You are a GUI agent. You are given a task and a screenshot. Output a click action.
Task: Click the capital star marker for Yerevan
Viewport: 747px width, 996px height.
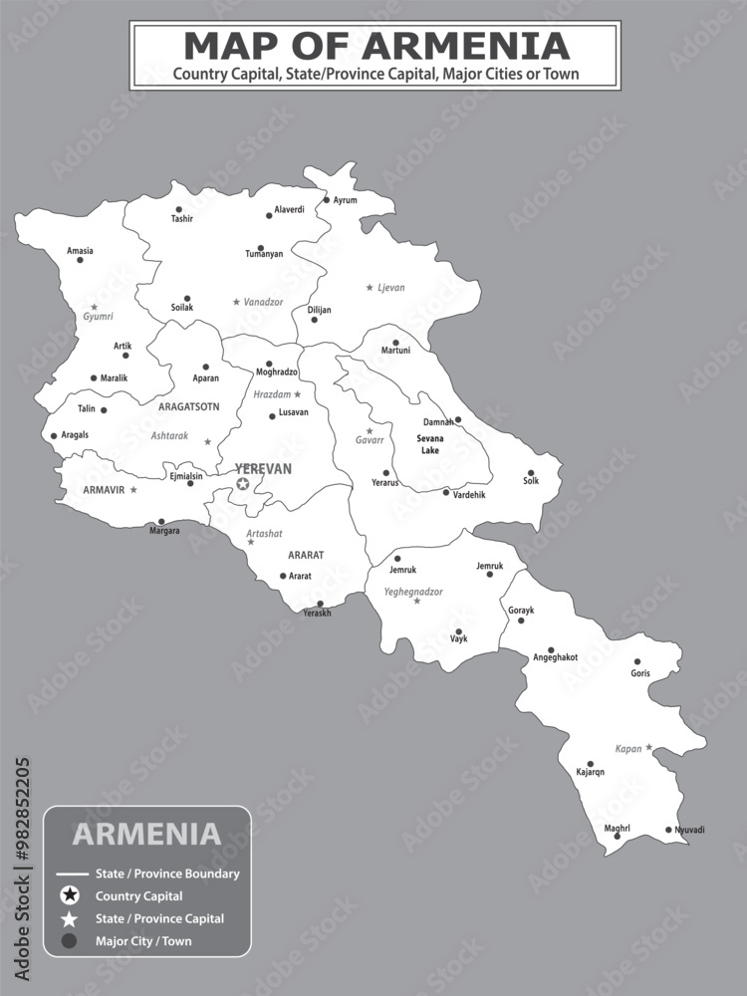242,484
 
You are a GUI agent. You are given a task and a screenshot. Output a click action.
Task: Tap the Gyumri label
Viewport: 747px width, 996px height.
98,317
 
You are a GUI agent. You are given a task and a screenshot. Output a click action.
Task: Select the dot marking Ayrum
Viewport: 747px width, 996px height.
326,199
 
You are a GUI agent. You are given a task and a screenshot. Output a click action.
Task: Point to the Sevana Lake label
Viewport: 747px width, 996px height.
429,444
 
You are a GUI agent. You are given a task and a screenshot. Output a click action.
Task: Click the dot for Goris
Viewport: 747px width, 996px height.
638,661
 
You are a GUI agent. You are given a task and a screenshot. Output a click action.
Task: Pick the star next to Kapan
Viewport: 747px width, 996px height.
648,747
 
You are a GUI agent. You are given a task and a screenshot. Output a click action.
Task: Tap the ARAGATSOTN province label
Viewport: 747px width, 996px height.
188,406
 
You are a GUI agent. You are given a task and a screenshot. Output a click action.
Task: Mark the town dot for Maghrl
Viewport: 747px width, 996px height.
617,837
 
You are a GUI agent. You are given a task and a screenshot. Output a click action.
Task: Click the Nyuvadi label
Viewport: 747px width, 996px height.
689,830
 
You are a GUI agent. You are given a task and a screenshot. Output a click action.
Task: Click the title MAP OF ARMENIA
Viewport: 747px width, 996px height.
376,46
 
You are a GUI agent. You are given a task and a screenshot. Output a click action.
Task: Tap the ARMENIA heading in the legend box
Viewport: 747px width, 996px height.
146,834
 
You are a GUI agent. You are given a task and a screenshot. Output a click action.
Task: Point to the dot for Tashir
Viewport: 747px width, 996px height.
179,208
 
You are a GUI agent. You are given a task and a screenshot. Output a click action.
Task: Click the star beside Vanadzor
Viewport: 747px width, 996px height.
236,301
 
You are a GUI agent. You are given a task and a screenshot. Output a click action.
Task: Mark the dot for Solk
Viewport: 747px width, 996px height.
531,472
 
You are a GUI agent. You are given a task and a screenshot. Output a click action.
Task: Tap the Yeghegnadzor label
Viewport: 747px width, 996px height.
413,592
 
